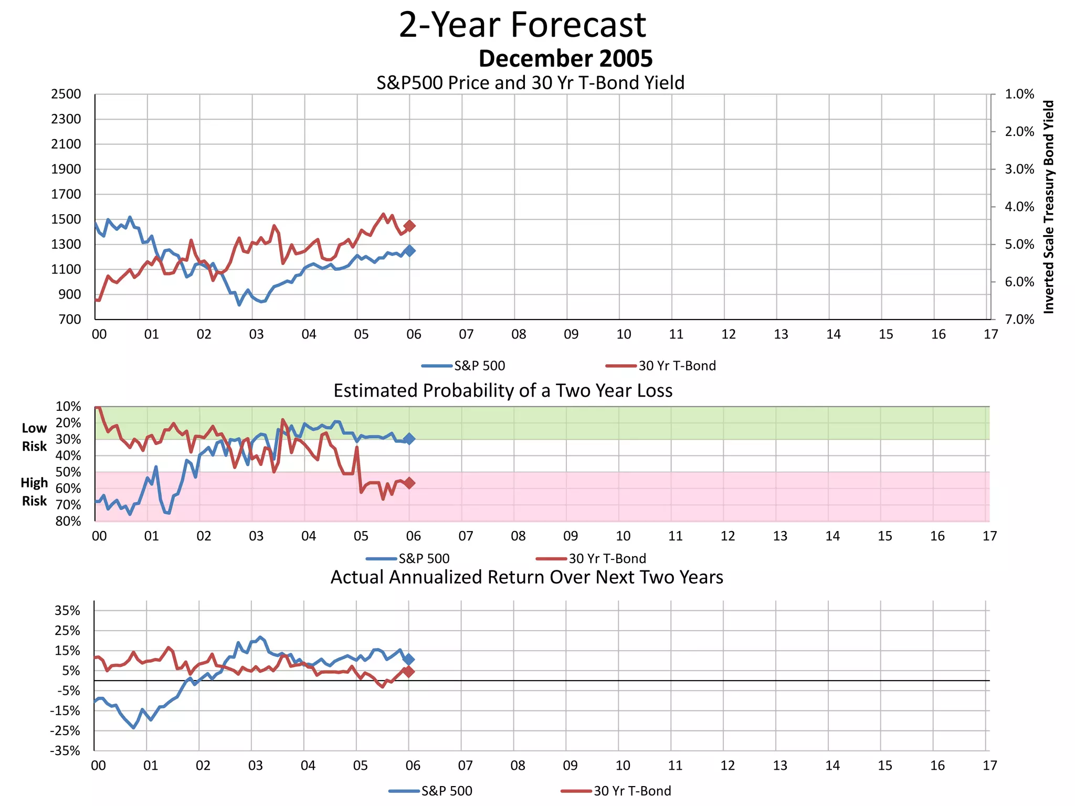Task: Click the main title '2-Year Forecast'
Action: pyautogui.click(x=522, y=25)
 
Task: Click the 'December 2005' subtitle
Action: pyautogui.click(x=565, y=58)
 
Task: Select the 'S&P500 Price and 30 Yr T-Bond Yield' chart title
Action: pyautogui.click(x=530, y=83)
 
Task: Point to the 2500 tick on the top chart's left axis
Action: pyautogui.click(x=66, y=94)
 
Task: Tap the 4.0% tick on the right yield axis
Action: pyautogui.click(x=1019, y=207)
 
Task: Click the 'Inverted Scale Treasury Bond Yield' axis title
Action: pyautogui.click(x=1048, y=207)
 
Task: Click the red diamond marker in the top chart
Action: pyautogui.click(x=410, y=226)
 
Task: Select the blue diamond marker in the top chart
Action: pyautogui.click(x=410, y=251)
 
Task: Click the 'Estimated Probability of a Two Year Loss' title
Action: pyautogui.click(x=503, y=391)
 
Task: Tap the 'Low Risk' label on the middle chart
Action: pyautogui.click(x=34, y=437)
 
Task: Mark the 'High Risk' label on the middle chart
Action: pyautogui.click(x=34, y=492)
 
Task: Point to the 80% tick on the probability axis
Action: pyautogui.click(x=68, y=521)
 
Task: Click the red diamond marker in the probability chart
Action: pyautogui.click(x=409, y=483)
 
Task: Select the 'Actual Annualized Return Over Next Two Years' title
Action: pyautogui.click(x=526, y=577)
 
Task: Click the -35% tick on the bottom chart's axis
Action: pyautogui.click(x=66, y=751)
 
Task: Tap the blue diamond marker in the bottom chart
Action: pyautogui.click(x=409, y=659)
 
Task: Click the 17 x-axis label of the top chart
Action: pyautogui.click(x=990, y=334)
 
